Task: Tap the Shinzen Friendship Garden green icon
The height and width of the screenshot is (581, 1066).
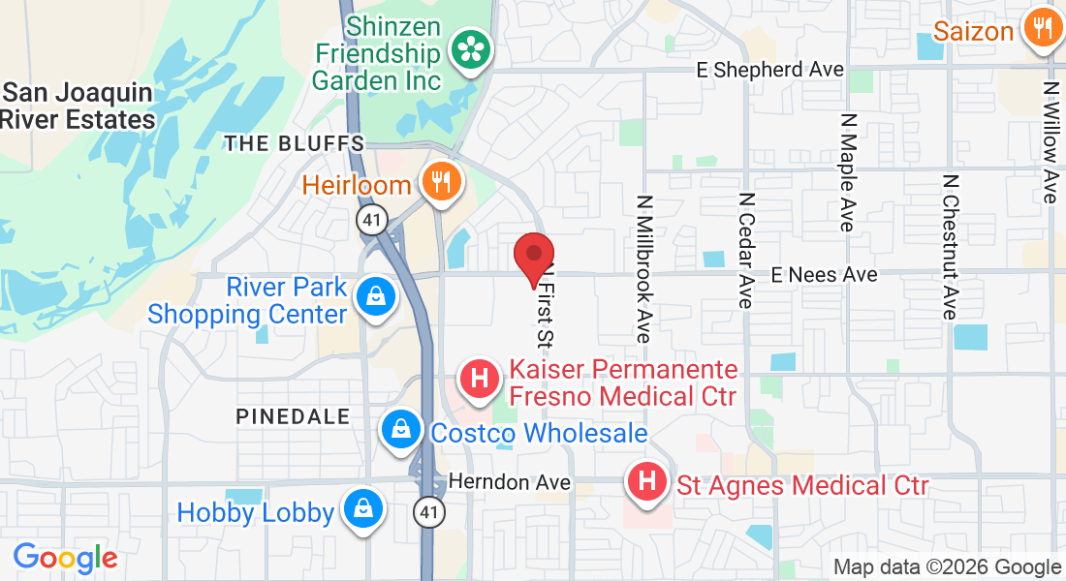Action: pyautogui.click(x=472, y=49)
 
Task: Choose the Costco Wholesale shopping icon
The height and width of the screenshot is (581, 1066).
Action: pyautogui.click(x=399, y=429)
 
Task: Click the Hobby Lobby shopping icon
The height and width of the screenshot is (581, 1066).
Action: pyautogui.click(x=362, y=508)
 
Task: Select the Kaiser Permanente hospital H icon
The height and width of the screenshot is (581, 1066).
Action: pyautogui.click(x=479, y=379)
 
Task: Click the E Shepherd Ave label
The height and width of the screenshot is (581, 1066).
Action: pyautogui.click(x=770, y=70)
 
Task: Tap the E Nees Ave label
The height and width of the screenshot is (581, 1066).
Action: pyautogui.click(x=824, y=275)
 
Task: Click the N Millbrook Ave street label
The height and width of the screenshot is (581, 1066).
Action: pyautogui.click(x=643, y=268)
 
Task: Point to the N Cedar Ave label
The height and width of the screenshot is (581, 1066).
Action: pyautogui.click(x=745, y=249)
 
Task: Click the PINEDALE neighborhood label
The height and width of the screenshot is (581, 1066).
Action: pyautogui.click(x=293, y=416)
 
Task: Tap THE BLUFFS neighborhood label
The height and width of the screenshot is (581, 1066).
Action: pyautogui.click(x=294, y=144)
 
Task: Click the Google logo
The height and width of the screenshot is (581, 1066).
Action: pyautogui.click(x=65, y=559)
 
